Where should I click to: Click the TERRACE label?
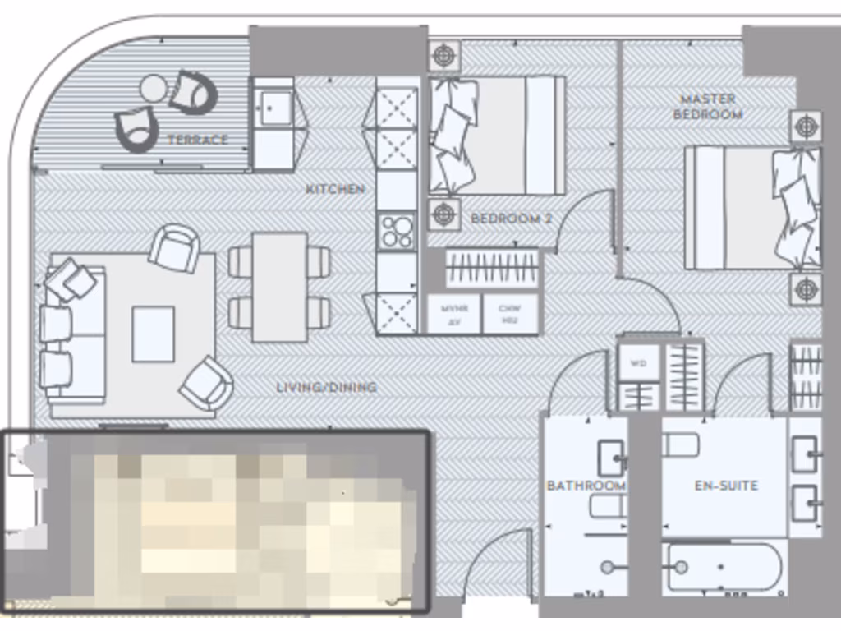pos(197,140)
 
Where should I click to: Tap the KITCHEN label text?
pos(335,189)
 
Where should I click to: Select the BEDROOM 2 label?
pos(511,219)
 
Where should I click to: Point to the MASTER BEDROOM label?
pos(707,107)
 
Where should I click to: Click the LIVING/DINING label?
pos(326,387)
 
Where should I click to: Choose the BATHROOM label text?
pos(586,486)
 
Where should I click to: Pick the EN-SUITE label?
pos(725,486)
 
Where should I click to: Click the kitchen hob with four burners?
pos(397,231)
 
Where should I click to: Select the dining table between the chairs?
pos(279,287)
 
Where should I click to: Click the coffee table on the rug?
pos(153,334)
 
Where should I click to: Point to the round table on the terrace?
pos(154,86)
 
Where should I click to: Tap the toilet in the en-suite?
pos(681,445)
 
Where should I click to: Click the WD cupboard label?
pos(638,362)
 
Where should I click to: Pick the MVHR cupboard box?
pos(453,315)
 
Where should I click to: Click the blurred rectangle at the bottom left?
pos(215,523)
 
